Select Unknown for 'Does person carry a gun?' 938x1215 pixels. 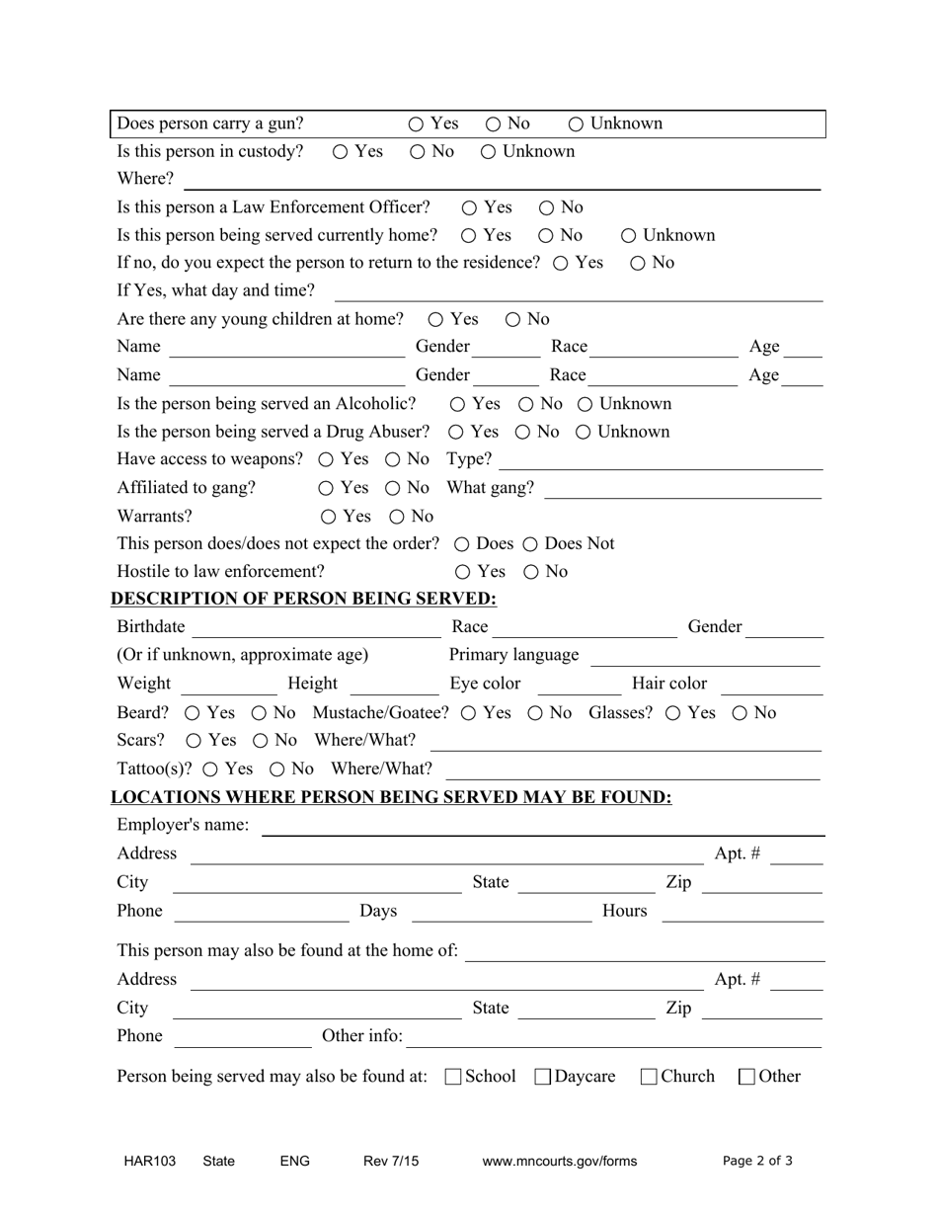(x=577, y=123)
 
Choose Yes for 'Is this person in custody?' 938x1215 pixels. (x=341, y=151)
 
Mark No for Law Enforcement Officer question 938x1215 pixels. (x=547, y=207)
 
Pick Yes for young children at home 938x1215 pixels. (x=435, y=319)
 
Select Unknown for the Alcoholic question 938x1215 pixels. (x=586, y=404)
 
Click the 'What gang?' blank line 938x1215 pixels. (x=682, y=490)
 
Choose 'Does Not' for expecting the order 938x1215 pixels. (x=530, y=544)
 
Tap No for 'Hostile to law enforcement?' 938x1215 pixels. (x=531, y=572)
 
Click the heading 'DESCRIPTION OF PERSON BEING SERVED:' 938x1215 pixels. (x=304, y=599)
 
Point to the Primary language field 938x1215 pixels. (x=705, y=657)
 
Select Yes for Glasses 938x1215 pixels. (x=673, y=713)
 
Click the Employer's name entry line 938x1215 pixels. (x=542, y=827)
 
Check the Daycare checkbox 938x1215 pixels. (x=542, y=1077)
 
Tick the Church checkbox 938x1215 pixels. (x=649, y=1077)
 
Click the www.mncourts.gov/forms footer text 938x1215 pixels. (x=560, y=1162)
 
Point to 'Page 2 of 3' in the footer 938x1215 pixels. (x=757, y=1162)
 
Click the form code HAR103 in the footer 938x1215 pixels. (x=150, y=1162)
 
